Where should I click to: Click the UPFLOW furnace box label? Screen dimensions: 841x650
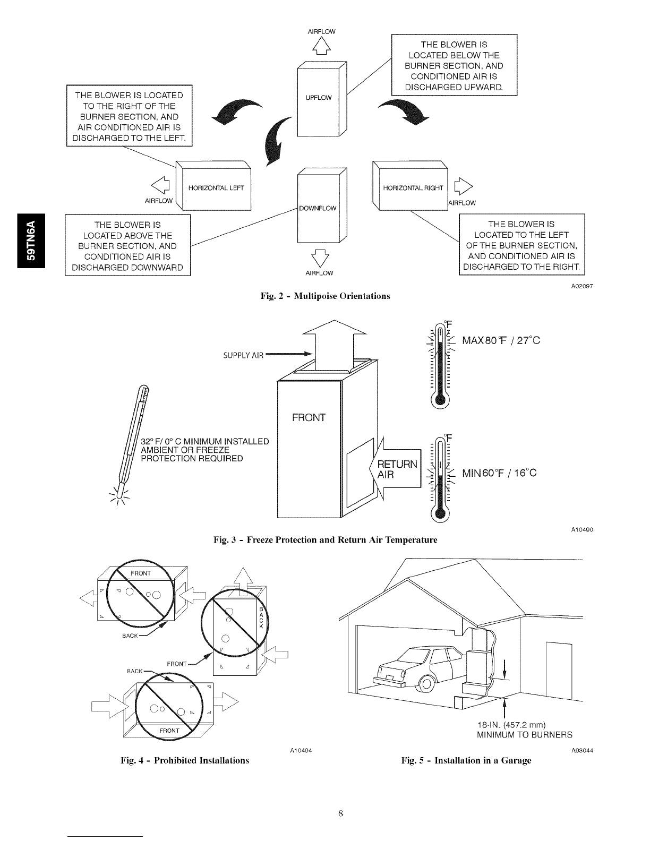coord(318,98)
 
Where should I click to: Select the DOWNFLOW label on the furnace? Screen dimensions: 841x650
coord(318,208)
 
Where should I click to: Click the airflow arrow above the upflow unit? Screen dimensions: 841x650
coord(322,49)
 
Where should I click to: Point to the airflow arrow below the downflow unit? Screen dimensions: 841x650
coord(320,256)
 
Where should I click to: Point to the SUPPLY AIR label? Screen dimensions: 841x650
coord(243,356)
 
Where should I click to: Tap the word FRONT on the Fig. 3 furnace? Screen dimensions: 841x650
coord(309,417)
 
